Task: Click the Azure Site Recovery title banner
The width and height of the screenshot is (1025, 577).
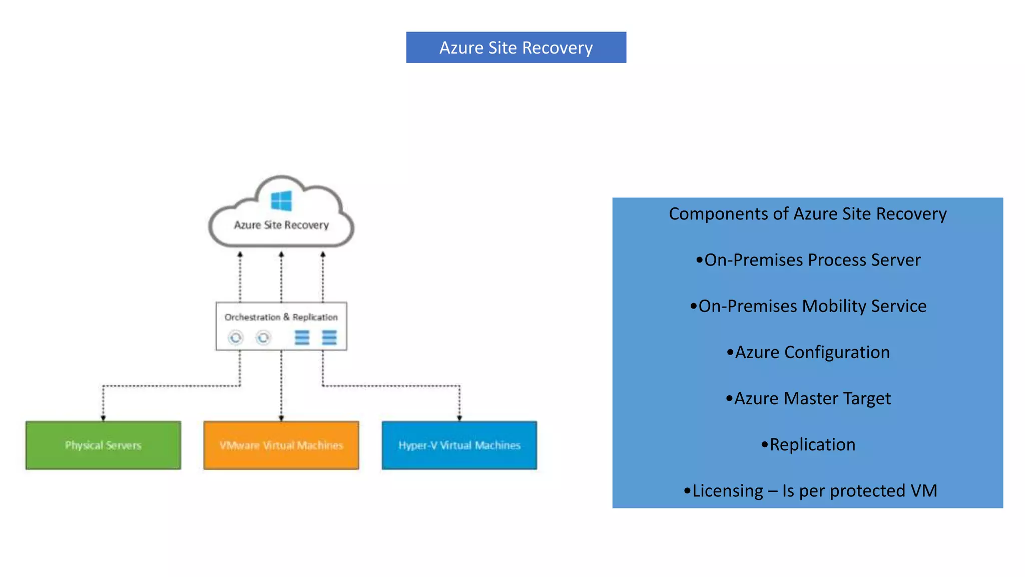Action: pos(516,48)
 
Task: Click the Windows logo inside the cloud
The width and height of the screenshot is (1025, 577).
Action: pos(281,201)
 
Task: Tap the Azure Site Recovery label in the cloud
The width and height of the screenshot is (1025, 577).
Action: pos(281,225)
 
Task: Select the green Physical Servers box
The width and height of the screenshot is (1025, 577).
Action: pos(103,445)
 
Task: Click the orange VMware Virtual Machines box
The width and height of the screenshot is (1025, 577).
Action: pos(281,445)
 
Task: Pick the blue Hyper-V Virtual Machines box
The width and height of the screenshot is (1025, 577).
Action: pos(459,445)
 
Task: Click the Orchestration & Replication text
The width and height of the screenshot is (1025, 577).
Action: pos(281,317)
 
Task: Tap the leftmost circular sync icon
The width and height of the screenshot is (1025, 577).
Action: pos(236,338)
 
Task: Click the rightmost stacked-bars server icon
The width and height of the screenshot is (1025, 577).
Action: pos(329,338)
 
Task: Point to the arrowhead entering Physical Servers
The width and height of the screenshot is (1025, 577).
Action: pos(103,418)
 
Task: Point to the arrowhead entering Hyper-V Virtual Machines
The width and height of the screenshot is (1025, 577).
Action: pos(459,418)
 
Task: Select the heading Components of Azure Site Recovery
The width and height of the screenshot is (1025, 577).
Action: pos(807,214)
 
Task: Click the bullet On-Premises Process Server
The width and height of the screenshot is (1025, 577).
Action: pos(808,260)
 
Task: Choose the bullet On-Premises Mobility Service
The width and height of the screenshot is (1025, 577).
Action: pos(808,306)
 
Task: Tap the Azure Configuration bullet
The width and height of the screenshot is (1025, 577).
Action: pos(808,352)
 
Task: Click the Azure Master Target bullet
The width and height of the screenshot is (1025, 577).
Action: pos(808,398)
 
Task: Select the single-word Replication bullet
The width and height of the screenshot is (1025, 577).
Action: pos(808,444)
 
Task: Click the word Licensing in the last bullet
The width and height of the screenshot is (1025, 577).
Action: pos(728,491)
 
